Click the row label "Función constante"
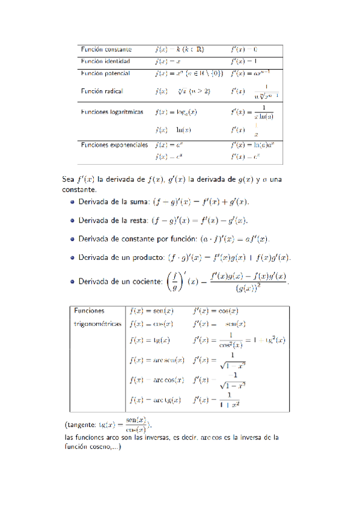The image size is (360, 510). (x=106, y=49)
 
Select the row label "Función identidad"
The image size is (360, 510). (x=106, y=61)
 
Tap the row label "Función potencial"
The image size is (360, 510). (x=106, y=73)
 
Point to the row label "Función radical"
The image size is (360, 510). (x=102, y=91)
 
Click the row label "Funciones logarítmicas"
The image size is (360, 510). (x=113, y=112)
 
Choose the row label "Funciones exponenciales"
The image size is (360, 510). (x=114, y=145)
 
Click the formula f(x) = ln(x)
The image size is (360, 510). (x=173, y=129)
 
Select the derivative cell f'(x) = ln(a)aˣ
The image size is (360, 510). (x=255, y=145)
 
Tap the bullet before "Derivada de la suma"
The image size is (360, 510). (x=72, y=202)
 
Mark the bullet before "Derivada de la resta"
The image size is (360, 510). (x=72, y=220)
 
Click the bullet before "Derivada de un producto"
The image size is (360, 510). (x=72, y=257)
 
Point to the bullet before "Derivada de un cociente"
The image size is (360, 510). (x=72, y=281)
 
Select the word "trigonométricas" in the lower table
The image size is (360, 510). (x=97, y=324)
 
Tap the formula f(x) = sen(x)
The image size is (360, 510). (x=151, y=311)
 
